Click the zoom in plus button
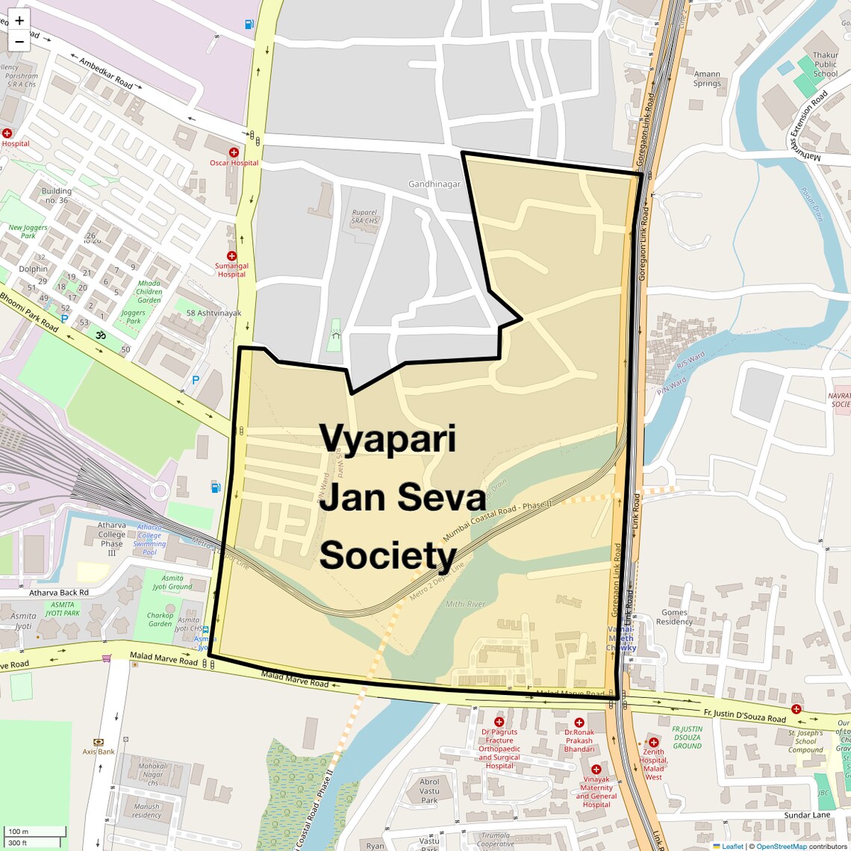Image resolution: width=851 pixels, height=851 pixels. [x=19, y=21]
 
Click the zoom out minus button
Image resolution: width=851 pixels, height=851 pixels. [x=19, y=41]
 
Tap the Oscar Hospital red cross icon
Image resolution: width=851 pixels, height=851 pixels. [x=234, y=152]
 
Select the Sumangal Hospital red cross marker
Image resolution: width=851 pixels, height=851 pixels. [x=231, y=256]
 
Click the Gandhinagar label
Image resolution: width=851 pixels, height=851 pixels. [x=434, y=184]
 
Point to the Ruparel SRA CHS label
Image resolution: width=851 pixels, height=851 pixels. [x=365, y=216]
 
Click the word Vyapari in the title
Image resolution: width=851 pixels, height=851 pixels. [x=387, y=437]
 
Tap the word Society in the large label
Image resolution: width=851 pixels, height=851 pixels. [x=387, y=555]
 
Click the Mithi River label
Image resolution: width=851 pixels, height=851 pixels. [x=465, y=604]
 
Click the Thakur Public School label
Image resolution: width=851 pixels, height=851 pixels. [x=825, y=64]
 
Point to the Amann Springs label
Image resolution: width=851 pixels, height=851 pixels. [x=707, y=78]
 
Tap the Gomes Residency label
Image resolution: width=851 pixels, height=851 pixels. [x=674, y=617]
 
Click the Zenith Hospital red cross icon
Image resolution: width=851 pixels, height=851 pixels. [x=653, y=742]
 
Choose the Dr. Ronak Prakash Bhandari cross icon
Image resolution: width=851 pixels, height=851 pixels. [x=579, y=723]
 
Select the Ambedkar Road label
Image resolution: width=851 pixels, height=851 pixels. [x=105, y=73]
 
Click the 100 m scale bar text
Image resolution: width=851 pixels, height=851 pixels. [x=19, y=831]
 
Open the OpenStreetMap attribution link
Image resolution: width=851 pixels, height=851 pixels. [x=782, y=846]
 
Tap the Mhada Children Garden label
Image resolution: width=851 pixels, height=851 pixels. [x=149, y=291]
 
